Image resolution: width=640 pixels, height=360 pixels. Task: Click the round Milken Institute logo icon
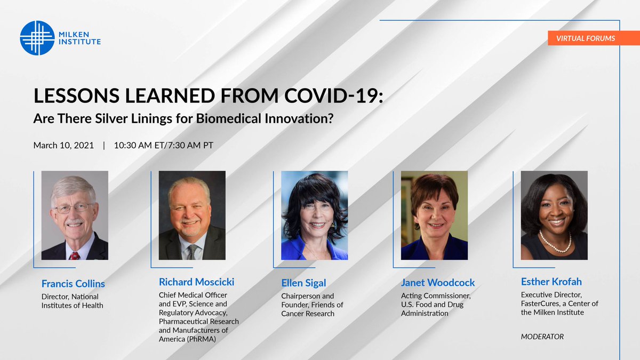click(37, 38)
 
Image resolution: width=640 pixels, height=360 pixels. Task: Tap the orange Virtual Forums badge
click(585, 38)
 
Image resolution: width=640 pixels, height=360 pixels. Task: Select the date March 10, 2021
click(64, 145)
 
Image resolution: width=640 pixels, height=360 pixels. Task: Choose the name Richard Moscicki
click(196, 282)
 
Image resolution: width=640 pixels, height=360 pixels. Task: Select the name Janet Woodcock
click(437, 283)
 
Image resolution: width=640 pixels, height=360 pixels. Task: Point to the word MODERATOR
click(542, 337)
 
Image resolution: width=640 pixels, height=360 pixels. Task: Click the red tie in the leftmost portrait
click(74, 255)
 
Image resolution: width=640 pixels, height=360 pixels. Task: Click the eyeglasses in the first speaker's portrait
click(74, 207)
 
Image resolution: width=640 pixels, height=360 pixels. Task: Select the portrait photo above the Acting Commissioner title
click(434, 215)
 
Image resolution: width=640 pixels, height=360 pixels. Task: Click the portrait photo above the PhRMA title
click(192, 215)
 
